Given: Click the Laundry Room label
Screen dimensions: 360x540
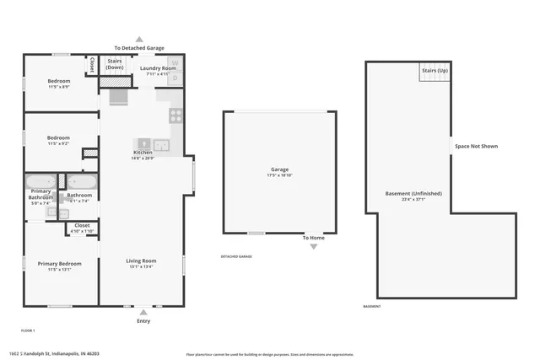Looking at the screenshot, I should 158,68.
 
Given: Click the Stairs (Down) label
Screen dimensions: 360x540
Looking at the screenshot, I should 115,64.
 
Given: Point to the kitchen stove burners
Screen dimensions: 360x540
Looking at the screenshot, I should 175,116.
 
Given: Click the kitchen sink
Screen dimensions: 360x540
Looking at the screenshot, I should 144,144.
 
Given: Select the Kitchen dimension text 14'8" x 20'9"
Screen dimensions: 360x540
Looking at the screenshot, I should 142,159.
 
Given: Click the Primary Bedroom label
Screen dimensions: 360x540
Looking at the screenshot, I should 59,264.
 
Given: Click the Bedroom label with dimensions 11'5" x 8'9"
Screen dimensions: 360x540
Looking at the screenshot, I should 58,81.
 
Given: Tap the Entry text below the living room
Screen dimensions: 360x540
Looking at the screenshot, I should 143,321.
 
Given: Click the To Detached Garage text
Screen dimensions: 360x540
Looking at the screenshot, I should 139,49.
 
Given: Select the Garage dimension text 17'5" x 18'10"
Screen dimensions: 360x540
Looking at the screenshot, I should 279,175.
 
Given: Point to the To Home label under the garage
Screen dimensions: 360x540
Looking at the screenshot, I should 314,238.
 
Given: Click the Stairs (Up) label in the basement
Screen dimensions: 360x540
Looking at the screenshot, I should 435,69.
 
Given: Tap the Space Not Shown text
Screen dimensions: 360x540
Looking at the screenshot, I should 477,146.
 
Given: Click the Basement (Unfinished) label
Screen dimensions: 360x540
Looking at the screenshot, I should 413,193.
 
